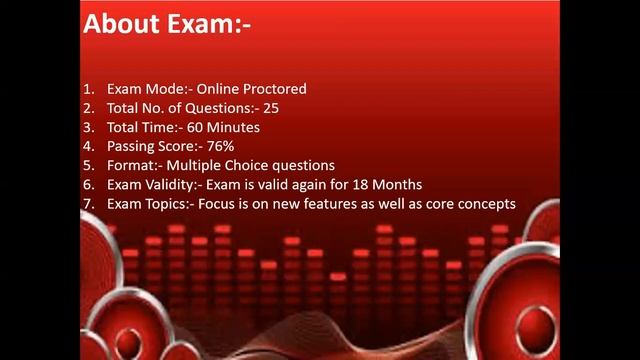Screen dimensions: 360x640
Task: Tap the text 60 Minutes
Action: click(x=224, y=127)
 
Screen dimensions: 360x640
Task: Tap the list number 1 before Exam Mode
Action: click(x=87, y=89)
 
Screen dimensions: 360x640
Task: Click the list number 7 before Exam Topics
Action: click(x=87, y=203)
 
